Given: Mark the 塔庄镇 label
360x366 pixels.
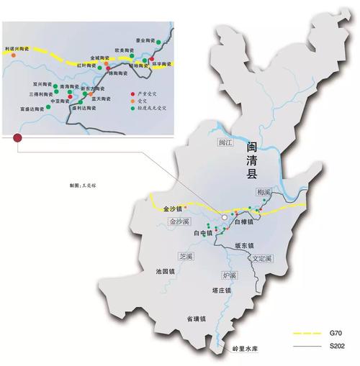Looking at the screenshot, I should point(221,290).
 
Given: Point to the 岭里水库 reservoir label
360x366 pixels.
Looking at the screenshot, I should point(245,349).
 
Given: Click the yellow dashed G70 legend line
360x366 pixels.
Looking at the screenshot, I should point(307,334).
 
